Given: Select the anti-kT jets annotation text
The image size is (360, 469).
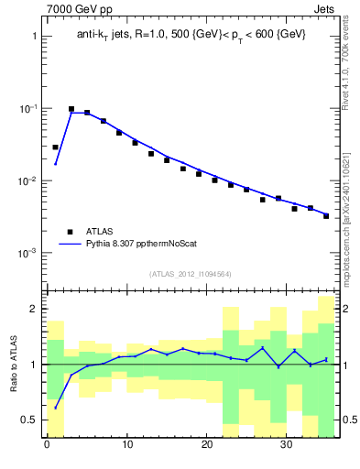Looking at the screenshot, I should (191, 34).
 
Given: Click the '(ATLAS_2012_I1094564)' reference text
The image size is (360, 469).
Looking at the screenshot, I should (191, 273).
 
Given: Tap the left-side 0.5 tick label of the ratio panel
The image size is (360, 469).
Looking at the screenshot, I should (29, 420).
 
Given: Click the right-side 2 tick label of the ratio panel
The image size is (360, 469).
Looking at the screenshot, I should (344, 309).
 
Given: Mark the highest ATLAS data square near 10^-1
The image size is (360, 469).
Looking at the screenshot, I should (71, 109).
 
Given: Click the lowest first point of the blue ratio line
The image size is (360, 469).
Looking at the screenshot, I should (55, 408).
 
